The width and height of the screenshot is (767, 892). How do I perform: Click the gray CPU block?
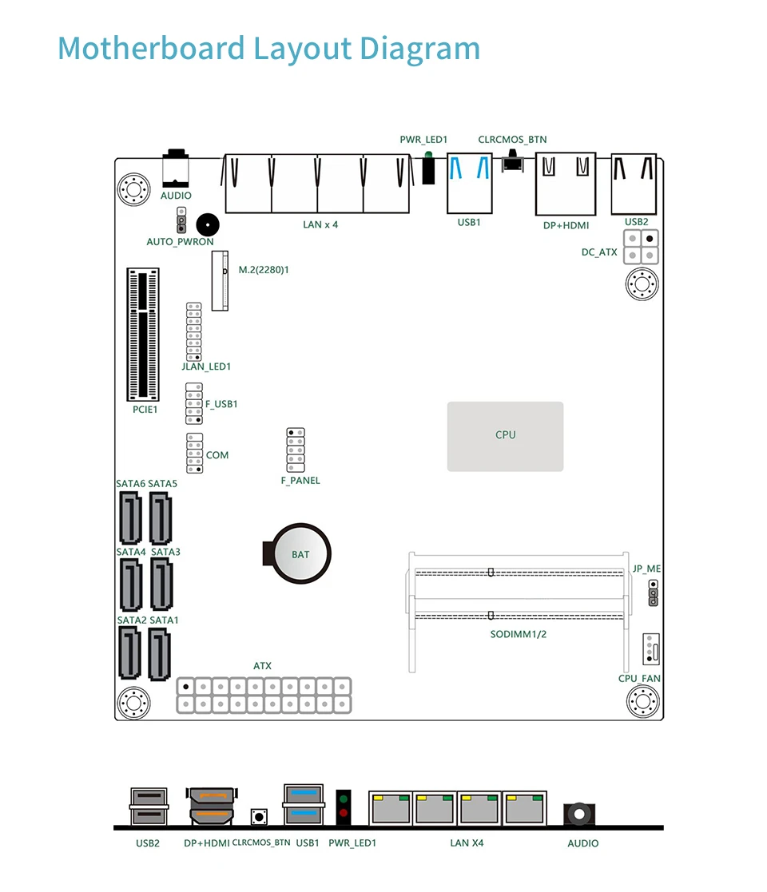(x=505, y=436)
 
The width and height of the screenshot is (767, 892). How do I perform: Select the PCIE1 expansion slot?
(x=144, y=335)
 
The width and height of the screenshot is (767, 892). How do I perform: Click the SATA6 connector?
(x=130, y=517)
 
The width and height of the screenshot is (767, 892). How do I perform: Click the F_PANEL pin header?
(x=296, y=451)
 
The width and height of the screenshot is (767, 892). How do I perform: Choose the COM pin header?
(x=194, y=454)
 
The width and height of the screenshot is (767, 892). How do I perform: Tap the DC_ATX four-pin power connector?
(x=641, y=247)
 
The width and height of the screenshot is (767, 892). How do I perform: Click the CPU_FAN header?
(x=651, y=648)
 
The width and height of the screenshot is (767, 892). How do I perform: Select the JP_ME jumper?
(x=653, y=593)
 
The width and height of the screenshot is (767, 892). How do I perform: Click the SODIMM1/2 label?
(x=519, y=634)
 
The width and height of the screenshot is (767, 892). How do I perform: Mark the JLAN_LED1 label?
(x=206, y=367)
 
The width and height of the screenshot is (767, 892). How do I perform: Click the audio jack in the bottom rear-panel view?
(x=579, y=814)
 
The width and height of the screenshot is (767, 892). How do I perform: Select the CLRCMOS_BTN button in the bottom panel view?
(x=259, y=817)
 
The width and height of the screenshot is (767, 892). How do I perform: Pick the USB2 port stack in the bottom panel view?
(x=149, y=807)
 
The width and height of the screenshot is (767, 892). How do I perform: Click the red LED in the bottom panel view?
(x=344, y=814)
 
